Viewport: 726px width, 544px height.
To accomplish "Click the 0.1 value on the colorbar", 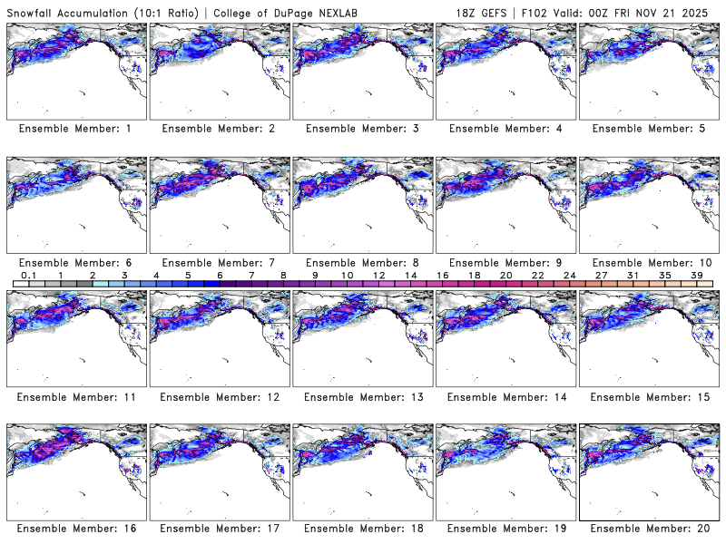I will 28,275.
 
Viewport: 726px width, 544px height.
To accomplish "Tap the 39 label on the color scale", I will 696,275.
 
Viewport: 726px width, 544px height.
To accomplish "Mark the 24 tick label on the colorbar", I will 569,275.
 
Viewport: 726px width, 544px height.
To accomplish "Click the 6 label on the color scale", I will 219,275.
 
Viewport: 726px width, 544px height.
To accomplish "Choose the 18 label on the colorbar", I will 474,275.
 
